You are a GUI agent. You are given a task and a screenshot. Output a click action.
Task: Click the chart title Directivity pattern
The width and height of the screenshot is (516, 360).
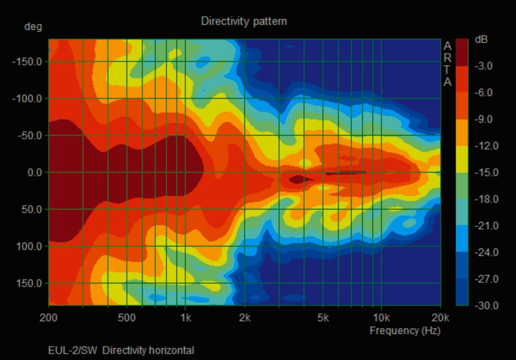[x=244, y=21]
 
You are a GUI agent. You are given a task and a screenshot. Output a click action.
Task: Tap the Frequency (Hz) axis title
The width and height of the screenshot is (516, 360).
[x=405, y=331]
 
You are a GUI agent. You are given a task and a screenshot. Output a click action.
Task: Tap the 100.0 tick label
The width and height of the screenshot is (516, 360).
[x=31, y=246]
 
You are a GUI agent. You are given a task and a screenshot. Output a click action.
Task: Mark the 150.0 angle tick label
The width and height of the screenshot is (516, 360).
[x=31, y=283]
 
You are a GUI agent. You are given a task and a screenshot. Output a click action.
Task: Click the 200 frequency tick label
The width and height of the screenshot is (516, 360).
[x=49, y=318]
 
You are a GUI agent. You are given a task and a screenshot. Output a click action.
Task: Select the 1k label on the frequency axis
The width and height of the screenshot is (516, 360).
[x=185, y=318]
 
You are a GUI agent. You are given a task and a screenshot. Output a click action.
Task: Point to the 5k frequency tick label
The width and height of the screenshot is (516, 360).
[x=323, y=318]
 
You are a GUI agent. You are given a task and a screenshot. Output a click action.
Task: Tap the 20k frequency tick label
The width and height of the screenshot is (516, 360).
[x=440, y=318]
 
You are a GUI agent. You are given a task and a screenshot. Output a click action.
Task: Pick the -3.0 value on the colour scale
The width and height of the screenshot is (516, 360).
[x=483, y=66]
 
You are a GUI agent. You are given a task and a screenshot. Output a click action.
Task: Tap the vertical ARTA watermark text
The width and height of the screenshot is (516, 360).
[x=447, y=64]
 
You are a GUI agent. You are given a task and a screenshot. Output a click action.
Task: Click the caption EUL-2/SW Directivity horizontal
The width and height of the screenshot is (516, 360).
[x=121, y=350]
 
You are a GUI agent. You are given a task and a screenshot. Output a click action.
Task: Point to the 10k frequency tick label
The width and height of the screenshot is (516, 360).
[x=381, y=318]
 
